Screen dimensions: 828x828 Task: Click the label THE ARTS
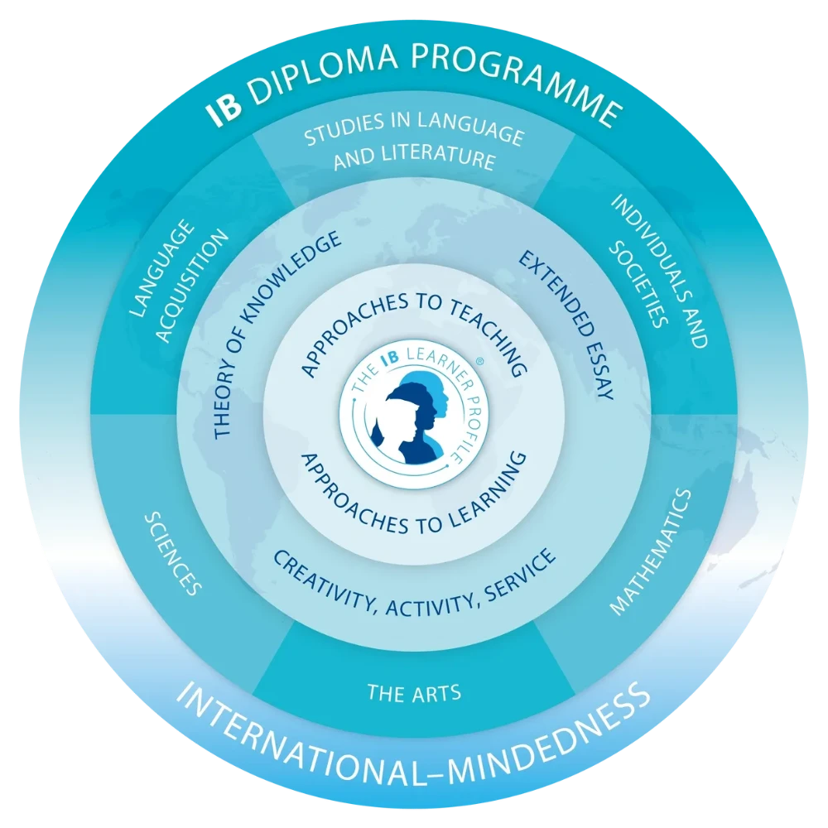pyautogui.click(x=414, y=692)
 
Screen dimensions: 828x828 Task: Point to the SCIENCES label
pyautogui.click(x=173, y=553)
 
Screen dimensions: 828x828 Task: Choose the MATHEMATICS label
pyautogui.click(x=651, y=552)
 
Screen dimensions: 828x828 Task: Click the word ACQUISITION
pyautogui.click(x=193, y=286)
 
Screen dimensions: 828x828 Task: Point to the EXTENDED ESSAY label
pyautogui.click(x=567, y=325)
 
